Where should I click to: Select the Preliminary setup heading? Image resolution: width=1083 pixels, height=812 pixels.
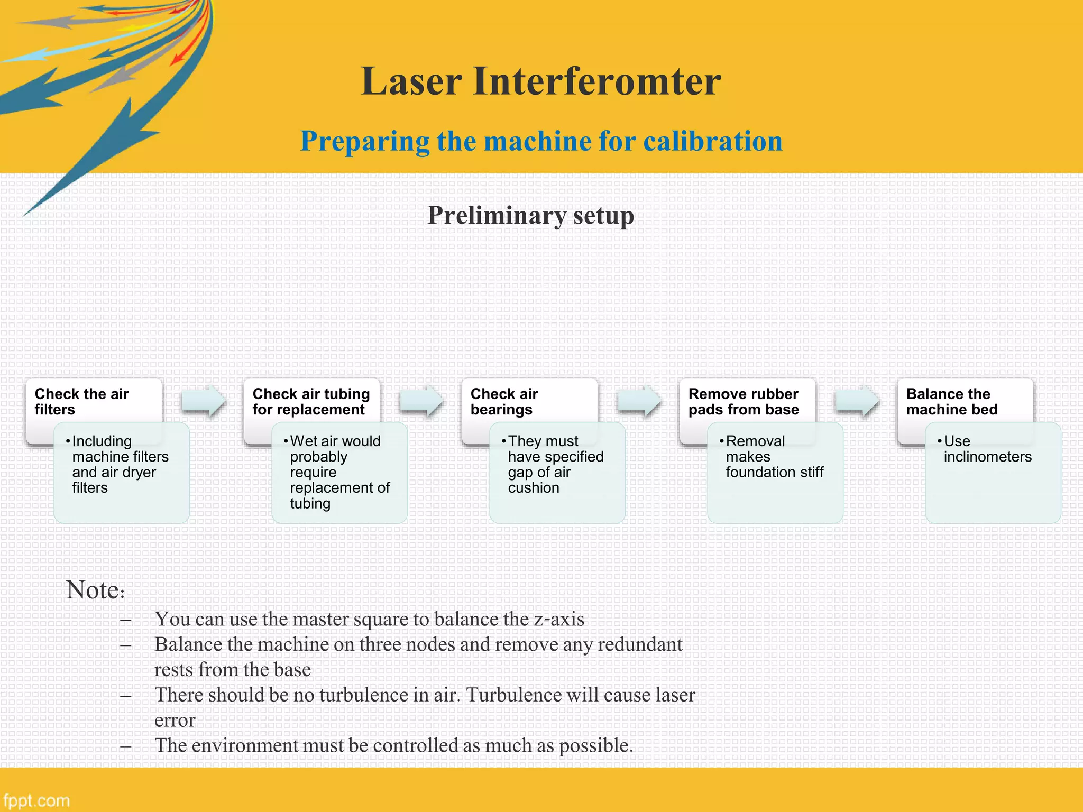530,216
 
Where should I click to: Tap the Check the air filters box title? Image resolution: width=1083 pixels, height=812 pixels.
81,402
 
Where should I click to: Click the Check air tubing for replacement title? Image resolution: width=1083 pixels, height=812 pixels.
311,402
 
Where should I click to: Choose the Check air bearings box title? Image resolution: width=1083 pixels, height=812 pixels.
503,402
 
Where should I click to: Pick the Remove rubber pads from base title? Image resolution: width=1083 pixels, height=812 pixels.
743,402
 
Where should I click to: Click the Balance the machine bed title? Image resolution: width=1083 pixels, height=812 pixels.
951,402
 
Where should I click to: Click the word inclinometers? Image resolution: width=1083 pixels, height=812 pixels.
987,457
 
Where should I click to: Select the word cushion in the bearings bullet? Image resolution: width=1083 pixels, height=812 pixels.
533,488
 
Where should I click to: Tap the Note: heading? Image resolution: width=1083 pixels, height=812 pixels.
95,590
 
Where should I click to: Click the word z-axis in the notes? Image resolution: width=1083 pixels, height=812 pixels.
558,619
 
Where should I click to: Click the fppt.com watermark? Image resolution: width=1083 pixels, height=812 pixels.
36,800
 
